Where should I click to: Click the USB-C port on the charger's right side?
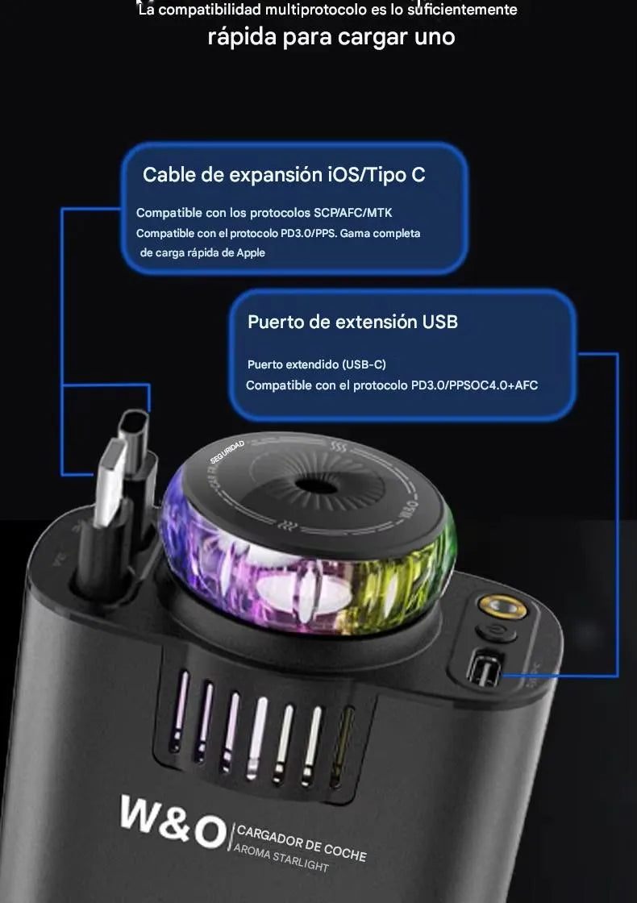tap(485, 668)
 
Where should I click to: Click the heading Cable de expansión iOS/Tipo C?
tap(284, 174)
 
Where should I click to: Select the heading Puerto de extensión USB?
tap(352, 322)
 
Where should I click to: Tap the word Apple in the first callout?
tap(251, 252)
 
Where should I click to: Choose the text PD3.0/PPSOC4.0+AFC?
tap(474, 385)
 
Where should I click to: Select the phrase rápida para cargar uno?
tap(331, 37)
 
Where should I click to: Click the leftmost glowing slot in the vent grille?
tap(182, 700)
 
